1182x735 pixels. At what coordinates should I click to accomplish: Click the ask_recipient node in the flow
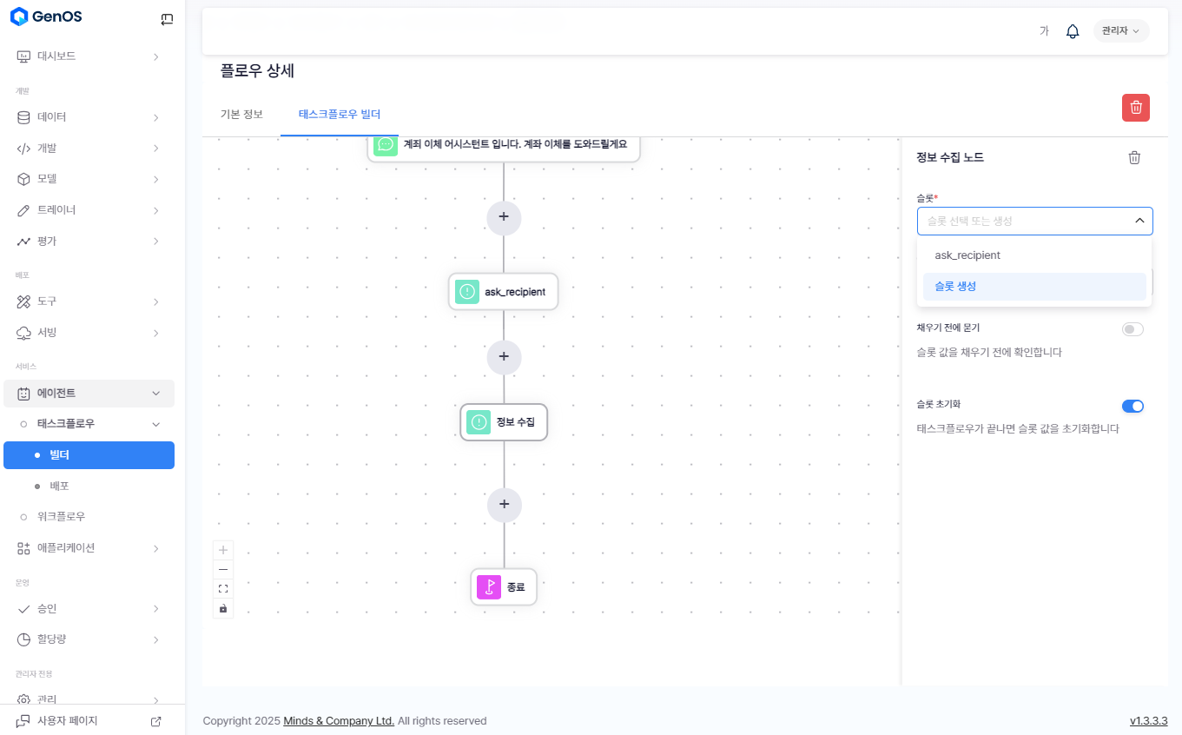[x=503, y=292]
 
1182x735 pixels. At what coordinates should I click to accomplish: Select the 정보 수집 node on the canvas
[x=504, y=422]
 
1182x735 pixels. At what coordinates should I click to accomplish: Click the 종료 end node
[x=504, y=587]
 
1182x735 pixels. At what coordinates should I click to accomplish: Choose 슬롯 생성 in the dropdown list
[x=1033, y=287]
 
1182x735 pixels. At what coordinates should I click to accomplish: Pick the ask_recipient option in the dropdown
[x=1033, y=255]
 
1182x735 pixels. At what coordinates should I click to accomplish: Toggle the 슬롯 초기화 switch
[x=1132, y=406]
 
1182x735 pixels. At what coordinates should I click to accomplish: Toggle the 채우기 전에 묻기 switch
[x=1132, y=329]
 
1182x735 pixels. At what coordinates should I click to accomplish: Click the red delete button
[x=1136, y=108]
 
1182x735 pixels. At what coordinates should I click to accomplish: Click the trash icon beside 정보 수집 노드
[x=1134, y=157]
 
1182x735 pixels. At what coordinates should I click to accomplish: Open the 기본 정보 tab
[x=241, y=114]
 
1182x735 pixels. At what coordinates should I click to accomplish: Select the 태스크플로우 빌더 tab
[x=339, y=114]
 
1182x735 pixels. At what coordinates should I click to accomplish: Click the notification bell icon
[x=1073, y=31]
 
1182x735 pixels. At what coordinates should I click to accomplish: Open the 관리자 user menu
[x=1120, y=31]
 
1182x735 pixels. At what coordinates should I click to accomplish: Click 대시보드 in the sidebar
[x=56, y=56]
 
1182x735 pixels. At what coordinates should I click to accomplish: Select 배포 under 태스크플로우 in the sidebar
[x=59, y=486]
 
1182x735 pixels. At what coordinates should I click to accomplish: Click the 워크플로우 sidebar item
[x=61, y=517]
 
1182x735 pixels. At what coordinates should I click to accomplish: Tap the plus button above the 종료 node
[x=504, y=505]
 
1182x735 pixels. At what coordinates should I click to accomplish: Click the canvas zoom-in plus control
[x=223, y=550]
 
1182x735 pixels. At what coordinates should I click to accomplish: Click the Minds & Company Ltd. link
[x=339, y=721]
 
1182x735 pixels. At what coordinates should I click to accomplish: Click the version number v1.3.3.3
[x=1148, y=721]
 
